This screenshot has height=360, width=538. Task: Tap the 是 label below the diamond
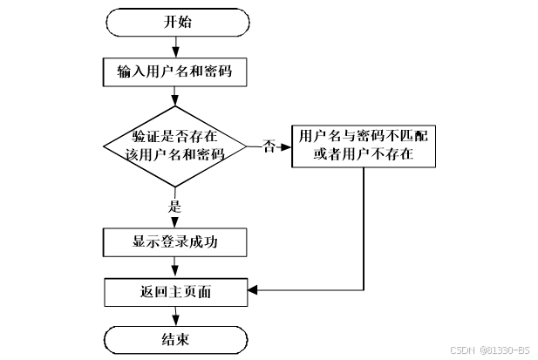173,207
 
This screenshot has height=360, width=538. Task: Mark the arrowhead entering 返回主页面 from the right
254,289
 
